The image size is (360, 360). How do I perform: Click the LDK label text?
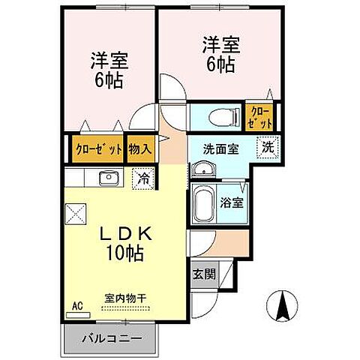[127, 234]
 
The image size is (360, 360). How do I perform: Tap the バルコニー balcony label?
[111, 337]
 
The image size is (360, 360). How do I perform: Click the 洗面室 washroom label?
[222, 148]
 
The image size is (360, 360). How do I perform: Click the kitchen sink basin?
[108, 178]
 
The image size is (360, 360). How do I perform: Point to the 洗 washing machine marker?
[267, 147]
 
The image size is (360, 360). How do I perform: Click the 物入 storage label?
[140, 148]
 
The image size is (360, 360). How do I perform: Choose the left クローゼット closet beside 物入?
[98, 148]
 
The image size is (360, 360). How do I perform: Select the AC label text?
[76, 306]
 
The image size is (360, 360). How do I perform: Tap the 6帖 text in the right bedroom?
[219, 64]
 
